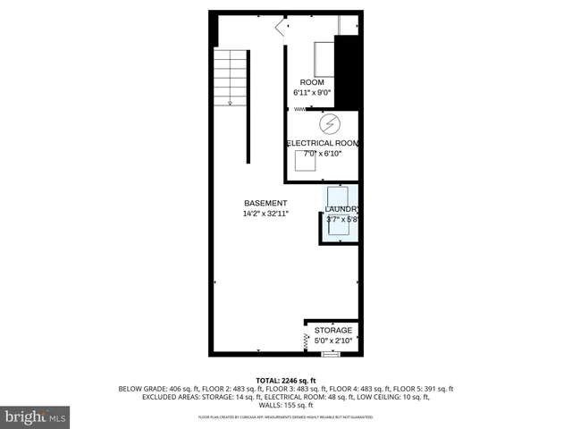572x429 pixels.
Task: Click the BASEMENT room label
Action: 265,203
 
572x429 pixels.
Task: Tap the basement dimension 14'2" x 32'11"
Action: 265,214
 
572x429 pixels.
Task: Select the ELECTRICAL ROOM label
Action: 322,143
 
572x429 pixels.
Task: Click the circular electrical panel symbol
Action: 328,122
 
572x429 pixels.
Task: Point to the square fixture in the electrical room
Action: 305,161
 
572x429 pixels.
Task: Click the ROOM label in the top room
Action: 312,83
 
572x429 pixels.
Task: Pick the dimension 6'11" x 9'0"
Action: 312,93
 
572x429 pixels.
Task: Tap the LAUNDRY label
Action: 341,209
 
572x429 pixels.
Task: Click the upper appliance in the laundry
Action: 339,196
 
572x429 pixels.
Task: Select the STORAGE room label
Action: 332,330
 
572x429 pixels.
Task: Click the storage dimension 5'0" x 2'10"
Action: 332,340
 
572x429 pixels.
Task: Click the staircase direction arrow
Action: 231,101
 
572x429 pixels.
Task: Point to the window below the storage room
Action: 331,354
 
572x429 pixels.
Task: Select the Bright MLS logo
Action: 36,416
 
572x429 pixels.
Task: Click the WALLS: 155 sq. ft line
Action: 286,405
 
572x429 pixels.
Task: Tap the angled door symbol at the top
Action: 282,29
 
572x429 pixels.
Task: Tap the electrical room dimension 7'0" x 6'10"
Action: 322,154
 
